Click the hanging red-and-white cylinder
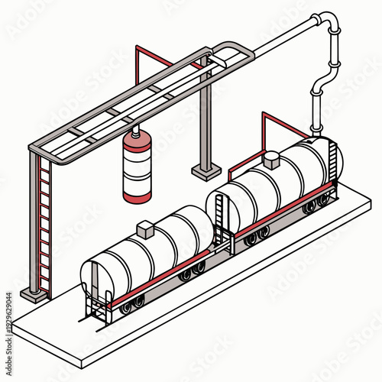pyautogui.click(x=138, y=170)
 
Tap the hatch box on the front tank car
pyautogui.click(x=145, y=229)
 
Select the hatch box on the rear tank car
pyautogui.click(x=270, y=160)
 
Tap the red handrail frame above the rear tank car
pyautogui.click(x=284, y=126)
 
